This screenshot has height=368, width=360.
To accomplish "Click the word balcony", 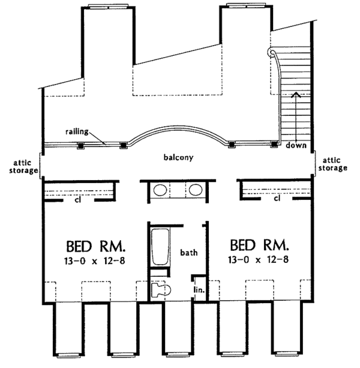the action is click(178, 157).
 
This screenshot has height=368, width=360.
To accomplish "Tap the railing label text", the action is click(77, 131).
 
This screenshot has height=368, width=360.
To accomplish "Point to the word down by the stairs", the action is click(296, 145).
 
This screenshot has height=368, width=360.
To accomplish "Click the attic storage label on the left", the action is click(23, 166).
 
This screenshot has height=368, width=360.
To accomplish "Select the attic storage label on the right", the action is click(332, 164).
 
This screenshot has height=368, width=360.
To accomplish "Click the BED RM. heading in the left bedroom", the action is click(95, 246).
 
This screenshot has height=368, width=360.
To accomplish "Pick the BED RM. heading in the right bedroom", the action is click(259, 245).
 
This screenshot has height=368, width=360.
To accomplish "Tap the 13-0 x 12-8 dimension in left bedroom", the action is click(95, 261).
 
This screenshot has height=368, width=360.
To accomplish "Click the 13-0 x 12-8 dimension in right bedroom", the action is click(258, 259).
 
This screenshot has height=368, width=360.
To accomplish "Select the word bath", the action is click(189, 252).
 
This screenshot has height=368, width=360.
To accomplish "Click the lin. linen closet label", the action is click(199, 289).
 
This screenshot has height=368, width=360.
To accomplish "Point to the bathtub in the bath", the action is click(160, 247).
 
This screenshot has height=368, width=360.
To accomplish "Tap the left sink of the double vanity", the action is click(160, 190).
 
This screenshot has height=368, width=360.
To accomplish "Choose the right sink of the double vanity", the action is click(196, 190).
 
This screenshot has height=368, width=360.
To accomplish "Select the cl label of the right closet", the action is click(277, 199).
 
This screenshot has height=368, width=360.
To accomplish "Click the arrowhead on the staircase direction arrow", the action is click(296, 94).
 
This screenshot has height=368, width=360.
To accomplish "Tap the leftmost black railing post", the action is click(81, 146).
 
